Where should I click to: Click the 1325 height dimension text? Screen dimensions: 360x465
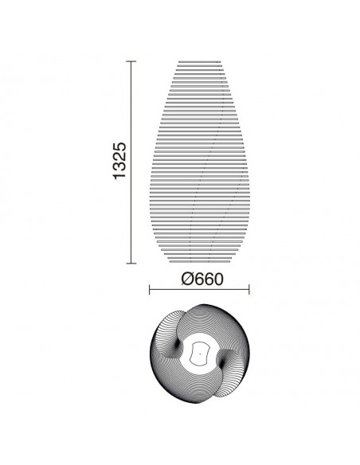(119, 161)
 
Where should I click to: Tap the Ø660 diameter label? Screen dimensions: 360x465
(202, 279)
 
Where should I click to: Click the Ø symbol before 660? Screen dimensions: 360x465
(187, 279)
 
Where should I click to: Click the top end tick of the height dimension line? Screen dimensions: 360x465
(131, 61)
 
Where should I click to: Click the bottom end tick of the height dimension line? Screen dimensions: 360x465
(131, 263)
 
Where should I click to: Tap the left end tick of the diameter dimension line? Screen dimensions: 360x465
(149, 290)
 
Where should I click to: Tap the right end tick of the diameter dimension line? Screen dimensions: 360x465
(249, 290)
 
